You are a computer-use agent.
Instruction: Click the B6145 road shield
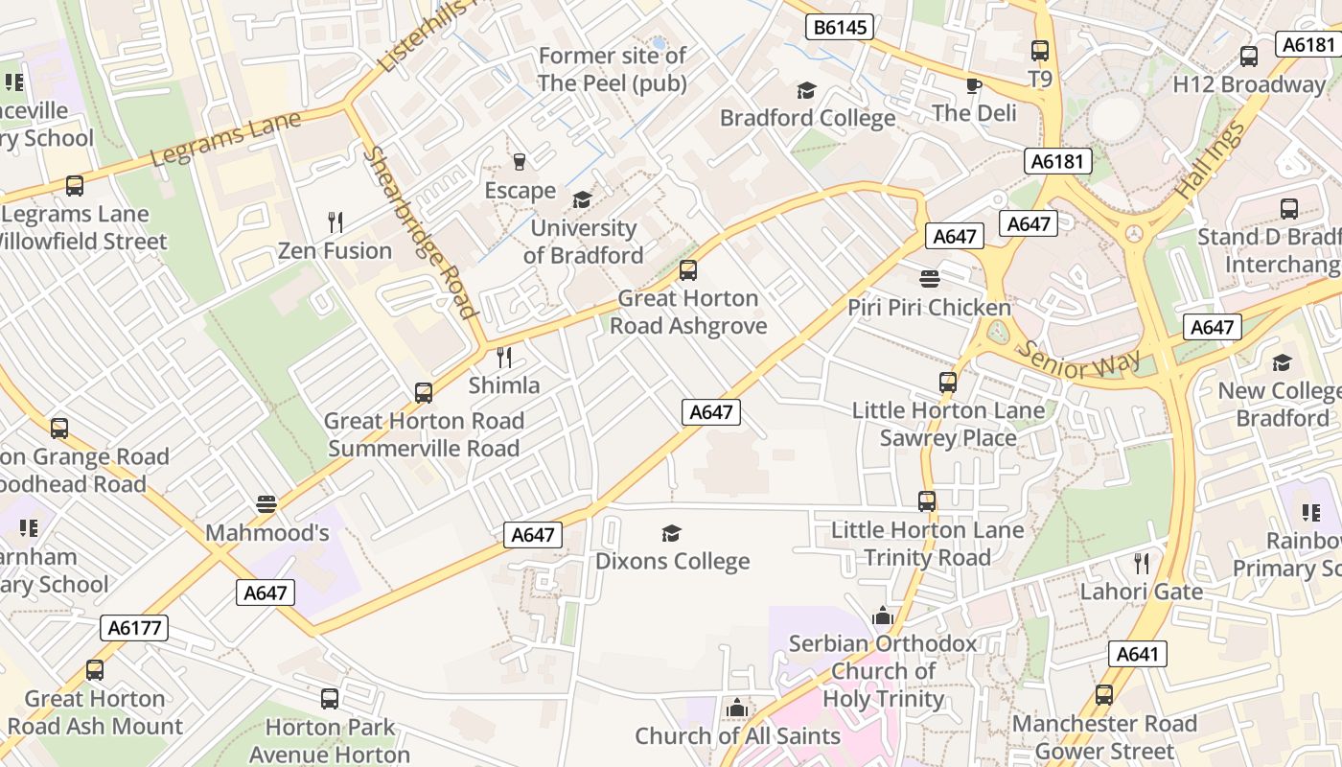pyautogui.click(x=840, y=27)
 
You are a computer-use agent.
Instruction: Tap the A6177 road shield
pyautogui.click(x=134, y=628)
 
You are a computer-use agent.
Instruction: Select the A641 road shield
pyautogui.click(x=1138, y=655)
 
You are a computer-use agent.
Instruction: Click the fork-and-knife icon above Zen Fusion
pyautogui.click(x=335, y=222)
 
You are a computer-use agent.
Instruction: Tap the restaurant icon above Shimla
pyautogui.click(x=504, y=358)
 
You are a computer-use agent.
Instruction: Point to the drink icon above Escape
pyautogui.click(x=520, y=161)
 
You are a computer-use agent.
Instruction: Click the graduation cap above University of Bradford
pyautogui.click(x=582, y=199)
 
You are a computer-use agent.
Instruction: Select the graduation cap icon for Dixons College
pyautogui.click(x=672, y=533)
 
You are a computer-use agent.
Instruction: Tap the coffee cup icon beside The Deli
pyautogui.click(x=974, y=85)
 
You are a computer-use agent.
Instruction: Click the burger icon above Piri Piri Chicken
pyautogui.click(x=929, y=279)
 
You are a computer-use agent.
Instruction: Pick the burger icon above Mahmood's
pyautogui.click(x=266, y=504)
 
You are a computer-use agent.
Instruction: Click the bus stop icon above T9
pyautogui.click(x=1040, y=51)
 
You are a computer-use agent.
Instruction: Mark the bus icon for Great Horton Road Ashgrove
pyautogui.click(x=687, y=270)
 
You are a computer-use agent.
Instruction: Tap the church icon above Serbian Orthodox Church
pyautogui.click(x=883, y=616)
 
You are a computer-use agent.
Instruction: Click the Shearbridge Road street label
pyautogui.click(x=419, y=232)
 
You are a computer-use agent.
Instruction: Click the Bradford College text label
pyautogui.click(x=807, y=118)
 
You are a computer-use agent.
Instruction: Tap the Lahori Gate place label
pyautogui.click(x=1141, y=592)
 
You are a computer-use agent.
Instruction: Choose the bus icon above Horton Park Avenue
pyautogui.click(x=330, y=699)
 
